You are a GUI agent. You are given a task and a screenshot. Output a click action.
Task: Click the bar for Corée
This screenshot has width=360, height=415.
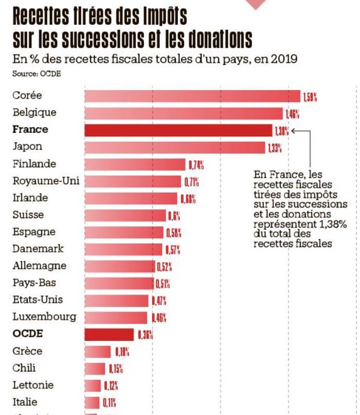pos(192,96)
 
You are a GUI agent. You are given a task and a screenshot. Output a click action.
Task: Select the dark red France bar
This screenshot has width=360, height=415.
pos(178,130)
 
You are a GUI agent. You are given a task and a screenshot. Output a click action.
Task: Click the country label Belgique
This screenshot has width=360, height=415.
pos(34,112)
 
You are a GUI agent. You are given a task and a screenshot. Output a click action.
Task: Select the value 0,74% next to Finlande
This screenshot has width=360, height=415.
pos(196,165)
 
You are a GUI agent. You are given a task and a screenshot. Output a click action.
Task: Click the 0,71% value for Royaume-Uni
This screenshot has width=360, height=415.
pos(191,182)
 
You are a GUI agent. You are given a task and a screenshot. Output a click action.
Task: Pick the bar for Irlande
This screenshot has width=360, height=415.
pos(131,198)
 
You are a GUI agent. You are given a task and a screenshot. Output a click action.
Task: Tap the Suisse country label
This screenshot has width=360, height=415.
pos(28,215)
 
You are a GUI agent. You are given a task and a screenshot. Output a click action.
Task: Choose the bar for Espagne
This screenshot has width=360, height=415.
pos(123,232)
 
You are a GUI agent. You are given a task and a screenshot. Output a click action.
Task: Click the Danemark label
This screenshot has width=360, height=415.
pos(38,249)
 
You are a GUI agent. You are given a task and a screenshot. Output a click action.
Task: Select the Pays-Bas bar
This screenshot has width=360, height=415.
pos(119,283)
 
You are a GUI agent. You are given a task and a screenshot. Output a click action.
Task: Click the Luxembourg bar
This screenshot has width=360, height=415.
pos(117,317)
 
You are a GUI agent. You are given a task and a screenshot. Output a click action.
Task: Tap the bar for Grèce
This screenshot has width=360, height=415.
pos(97,352)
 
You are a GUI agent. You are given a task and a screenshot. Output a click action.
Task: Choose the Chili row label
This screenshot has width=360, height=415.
pos(24,368)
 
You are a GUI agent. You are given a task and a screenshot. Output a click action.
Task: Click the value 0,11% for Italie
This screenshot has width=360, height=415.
pos(109,403)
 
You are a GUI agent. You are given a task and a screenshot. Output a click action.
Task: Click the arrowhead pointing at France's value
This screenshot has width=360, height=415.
pos(294,131)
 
